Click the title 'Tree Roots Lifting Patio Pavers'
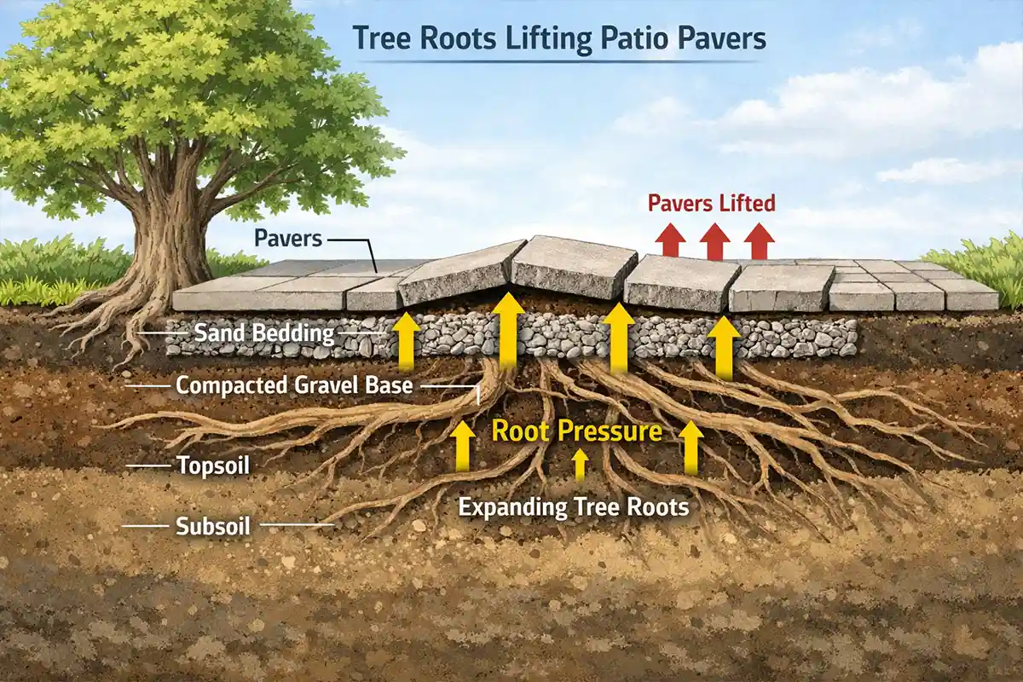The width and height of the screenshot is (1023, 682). pyautogui.click(x=558, y=38)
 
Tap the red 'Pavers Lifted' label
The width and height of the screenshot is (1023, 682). pyautogui.click(x=711, y=203)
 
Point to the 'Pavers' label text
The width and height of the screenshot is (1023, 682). pyautogui.click(x=288, y=237)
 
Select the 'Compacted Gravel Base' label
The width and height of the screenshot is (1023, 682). pyautogui.click(x=294, y=385)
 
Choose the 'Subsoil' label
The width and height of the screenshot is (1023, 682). pyautogui.click(x=212, y=525)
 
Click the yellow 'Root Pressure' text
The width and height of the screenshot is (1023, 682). pyautogui.click(x=576, y=431)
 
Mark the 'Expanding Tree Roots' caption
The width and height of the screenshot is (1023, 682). pyautogui.click(x=573, y=507)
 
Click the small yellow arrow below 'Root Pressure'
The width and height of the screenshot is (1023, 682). pyautogui.click(x=580, y=465)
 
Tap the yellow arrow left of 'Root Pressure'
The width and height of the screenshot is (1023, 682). pyautogui.click(x=463, y=445)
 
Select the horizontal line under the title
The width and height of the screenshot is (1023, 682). pyautogui.click(x=558, y=61)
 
